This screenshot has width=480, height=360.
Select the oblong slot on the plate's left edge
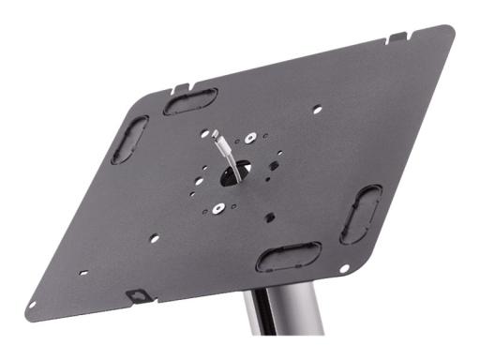click(x=129, y=140)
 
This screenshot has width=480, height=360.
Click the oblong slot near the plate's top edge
click(x=190, y=101)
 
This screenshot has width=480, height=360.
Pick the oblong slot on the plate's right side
click(x=361, y=214)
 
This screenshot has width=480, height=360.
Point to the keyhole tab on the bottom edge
click(x=137, y=296)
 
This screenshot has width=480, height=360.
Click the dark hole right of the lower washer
click(x=270, y=217)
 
